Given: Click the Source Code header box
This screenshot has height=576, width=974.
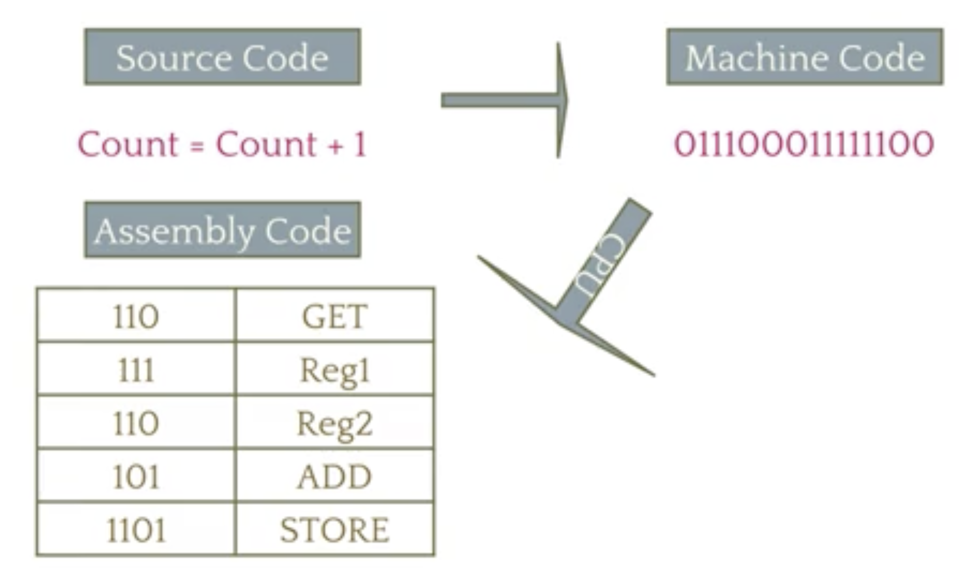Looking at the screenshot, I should (x=222, y=57).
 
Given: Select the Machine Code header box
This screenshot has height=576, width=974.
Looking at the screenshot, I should (x=804, y=57).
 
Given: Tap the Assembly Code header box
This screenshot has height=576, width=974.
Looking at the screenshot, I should (x=222, y=230).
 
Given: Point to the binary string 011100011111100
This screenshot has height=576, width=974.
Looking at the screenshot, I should (x=804, y=144).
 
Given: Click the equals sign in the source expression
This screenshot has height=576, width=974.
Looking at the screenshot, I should (x=197, y=146).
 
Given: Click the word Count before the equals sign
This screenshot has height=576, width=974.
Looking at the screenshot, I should (x=127, y=144).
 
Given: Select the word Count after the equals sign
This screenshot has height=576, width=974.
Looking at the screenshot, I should (x=266, y=144).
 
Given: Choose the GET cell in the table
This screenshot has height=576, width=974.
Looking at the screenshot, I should (x=334, y=316).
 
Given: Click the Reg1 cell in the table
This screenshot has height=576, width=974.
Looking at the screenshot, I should (x=334, y=370).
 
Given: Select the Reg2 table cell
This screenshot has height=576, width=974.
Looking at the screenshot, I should (x=334, y=423).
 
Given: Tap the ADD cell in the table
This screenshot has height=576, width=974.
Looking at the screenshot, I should (x=334, y=477).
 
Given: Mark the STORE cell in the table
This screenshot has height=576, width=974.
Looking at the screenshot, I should (x=334, y=530).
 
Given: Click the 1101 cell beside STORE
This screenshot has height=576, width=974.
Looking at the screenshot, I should (x=136, y=530).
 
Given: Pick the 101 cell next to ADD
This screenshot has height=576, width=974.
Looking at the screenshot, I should (x=136, y=477).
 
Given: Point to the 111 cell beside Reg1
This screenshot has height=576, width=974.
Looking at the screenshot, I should (x=136, y=370).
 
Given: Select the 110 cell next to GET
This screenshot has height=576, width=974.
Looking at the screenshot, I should (x=136, y=316).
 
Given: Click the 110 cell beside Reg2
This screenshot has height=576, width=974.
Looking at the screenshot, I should (x=136, y=423).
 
